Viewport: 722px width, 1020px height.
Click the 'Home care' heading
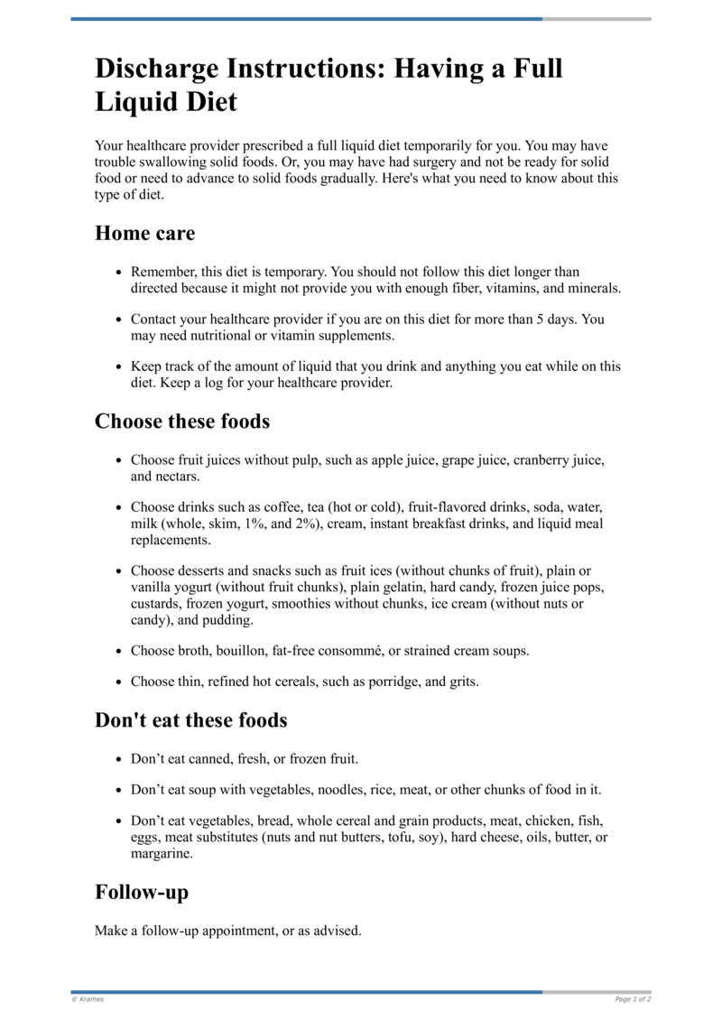click(144, 234)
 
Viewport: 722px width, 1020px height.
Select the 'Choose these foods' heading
click(182, 422)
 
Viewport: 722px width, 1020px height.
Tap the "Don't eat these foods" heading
click(191, 720)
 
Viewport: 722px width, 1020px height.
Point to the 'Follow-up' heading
click(142, 893)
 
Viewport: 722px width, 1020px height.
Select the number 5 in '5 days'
click(541, 320)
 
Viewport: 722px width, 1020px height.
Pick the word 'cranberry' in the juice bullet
click(542, 460)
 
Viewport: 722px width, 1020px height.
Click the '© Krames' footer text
click(88, 999)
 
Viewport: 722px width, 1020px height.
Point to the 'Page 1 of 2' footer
click(633, 999)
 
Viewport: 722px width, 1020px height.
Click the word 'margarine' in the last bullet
click(161, 853)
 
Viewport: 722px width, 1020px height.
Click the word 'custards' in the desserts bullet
click(155, 604)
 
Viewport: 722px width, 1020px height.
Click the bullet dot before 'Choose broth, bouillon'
click(118, 651)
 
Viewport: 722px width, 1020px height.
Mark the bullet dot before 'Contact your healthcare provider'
click(118, 320)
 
